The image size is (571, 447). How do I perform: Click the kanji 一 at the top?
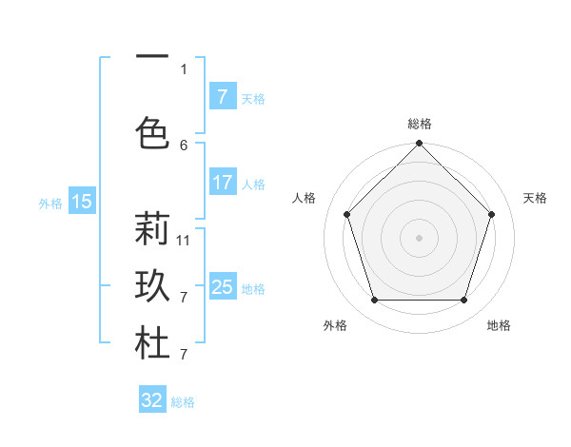point(151,59)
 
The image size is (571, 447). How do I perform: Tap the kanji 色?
point(151,131)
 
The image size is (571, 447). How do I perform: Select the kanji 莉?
point(151,229)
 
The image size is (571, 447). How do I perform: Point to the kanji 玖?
point(151,287)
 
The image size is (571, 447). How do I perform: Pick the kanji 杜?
point(151,344)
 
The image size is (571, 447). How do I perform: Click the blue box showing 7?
point(222,97)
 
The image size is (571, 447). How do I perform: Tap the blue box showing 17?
point(222,183)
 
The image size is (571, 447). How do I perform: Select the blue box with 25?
point(222,287)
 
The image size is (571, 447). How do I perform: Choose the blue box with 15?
point(81,201)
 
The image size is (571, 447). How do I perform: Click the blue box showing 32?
point(152,400)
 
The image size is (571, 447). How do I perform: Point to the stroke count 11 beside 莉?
point(184,240)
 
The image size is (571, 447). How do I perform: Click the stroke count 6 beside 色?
point(184,145)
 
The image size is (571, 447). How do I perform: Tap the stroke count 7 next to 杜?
point(184,355)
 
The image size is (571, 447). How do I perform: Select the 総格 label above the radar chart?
point(419,124)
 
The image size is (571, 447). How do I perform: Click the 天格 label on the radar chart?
point(535,198)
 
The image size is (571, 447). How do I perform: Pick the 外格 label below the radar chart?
point(335,325)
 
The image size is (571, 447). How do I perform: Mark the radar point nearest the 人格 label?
point(346,214)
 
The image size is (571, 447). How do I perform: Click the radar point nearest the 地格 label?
point(463,301)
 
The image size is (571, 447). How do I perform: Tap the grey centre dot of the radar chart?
point(419,238)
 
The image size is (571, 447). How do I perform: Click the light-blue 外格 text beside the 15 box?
point(49,203)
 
